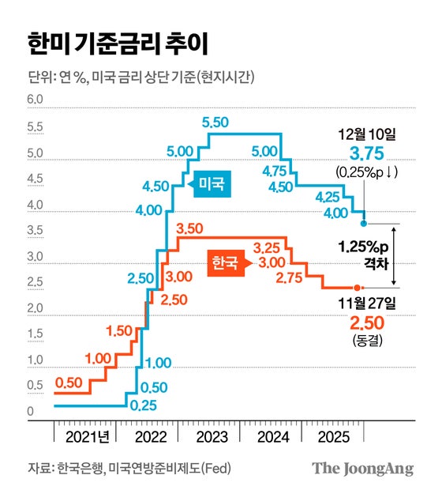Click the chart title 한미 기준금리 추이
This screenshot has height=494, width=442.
[x=118, y=43]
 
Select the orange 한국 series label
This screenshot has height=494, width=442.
[x=223, y=262]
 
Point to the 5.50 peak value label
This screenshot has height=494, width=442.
[x=215, y=122]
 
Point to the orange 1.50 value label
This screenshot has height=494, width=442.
[x=120, y=330]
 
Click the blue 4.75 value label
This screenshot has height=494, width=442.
[x=275, y=171]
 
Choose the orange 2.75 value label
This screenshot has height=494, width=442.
[x=290, y=277]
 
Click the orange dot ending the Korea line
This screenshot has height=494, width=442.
[x=358, y=287]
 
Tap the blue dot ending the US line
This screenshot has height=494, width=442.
[x=363, y=224]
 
